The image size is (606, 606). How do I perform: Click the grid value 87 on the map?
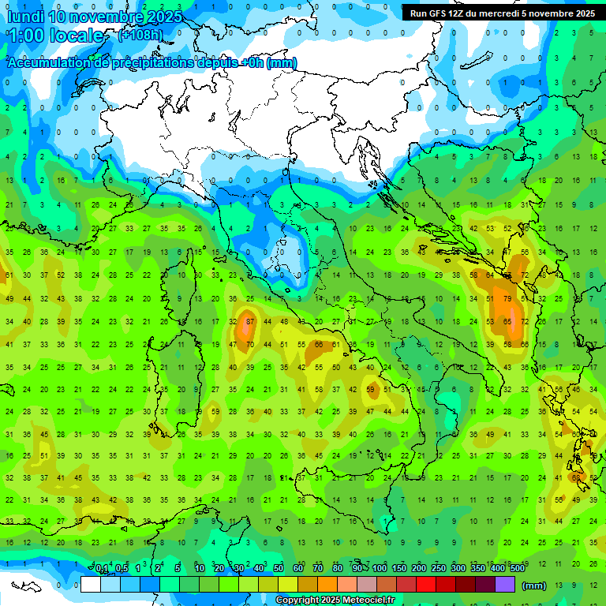pyautogui.click(x=249, y=321)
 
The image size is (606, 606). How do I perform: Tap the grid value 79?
pyautogui.click(x=508, y=299)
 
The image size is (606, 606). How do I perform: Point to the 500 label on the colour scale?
pyautogui.click(x=518, y=568)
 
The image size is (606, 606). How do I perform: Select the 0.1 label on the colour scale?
pyautogui.click(x=102, y=568)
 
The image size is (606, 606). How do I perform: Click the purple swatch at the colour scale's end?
pyautogui.click(x=505, y=584)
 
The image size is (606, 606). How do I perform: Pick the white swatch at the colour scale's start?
pyautogui.click(x=91, y=584)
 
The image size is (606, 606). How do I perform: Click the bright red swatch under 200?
pyautogui.click(x=426, y=584)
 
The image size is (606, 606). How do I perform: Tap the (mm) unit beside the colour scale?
pyautogui.click(x=534, y=585)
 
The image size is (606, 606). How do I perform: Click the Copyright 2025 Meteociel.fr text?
pyautogui.click(x=335, y=600)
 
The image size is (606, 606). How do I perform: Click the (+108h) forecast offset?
pyautogui.click(x=140, y=35)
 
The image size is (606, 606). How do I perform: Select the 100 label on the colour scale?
pyautogui.click(x=380, y=568)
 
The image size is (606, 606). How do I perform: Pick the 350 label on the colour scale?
pyautogui.click(x=478, y=568)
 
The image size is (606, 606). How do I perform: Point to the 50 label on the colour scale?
pyautogui.click(x=279, y=568)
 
